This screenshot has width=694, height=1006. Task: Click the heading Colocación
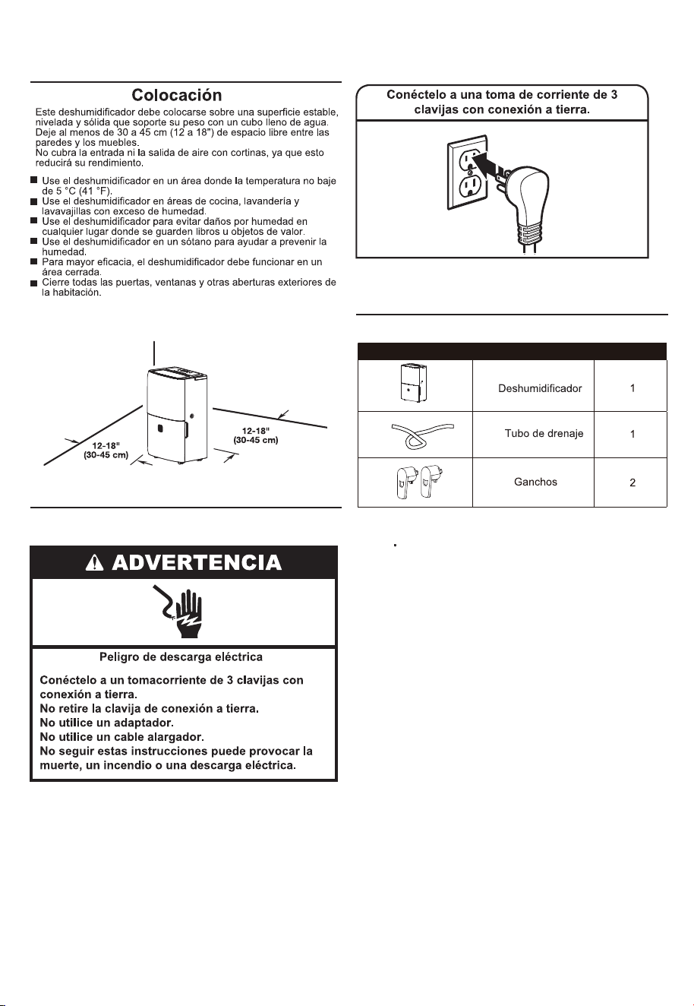coord(177,95)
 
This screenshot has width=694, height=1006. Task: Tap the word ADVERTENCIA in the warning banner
coord(197,563)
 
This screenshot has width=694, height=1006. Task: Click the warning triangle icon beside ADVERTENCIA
coord(94,563)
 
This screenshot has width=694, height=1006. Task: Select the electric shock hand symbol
coord(178,611)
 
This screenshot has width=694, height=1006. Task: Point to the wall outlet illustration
coord(467,172)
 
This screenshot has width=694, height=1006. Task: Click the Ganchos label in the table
coord(535,482)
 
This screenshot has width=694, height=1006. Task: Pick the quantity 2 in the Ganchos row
coord(632,482)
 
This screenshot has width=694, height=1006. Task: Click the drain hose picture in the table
coord(423,435)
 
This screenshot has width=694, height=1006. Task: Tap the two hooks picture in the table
coord(421,482)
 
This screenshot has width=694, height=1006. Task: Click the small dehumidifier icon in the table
coord(413,383)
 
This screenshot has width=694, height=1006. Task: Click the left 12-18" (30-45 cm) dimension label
coord(106,451)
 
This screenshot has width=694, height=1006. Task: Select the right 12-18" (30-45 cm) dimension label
coord(256,435)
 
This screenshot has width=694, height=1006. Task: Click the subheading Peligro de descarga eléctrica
coord(181,657)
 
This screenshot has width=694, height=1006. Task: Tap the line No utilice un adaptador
coord(107,723)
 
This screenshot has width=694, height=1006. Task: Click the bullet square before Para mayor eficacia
coord(33,261)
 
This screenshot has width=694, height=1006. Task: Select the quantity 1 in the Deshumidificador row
coord(632,388)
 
